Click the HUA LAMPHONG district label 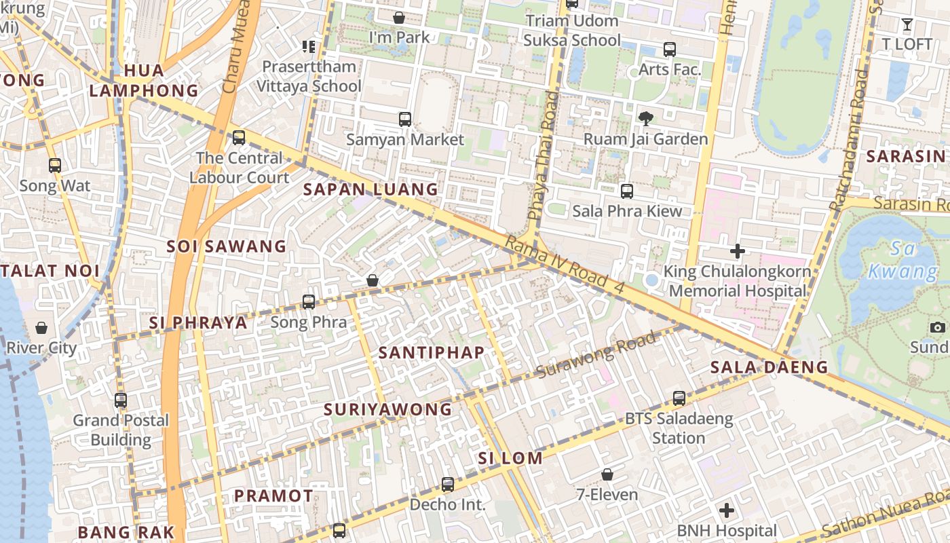pyautogui.click(x=144, y=80)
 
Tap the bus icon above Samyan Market pyautogui.click(x=405, y=119)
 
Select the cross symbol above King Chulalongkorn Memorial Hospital pyautogui.click(x=738, y=251)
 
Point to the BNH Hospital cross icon pyautogui.click(x=727, y=510)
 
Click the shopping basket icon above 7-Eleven pyautogui.click(x=607, y=474)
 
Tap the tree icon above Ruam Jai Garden pyautogui.click(x=646, y=119)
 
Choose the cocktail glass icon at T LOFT pyautogui.click(x=907, y=25)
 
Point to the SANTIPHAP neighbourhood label pyautogui.click(x=432, y=352)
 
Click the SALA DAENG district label pyautogui.click(x=769, y=368)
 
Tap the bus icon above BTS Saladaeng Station pyautogui.click(x=679, y=398)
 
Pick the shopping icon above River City pyautogui.click(x=41, y=329)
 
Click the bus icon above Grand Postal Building pyautogui.click(x=121, y=400)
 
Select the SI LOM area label pyautogui.click(x=510, y=458)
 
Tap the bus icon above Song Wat pyautogui.click(x=55, y=166)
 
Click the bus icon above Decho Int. pyautogui.click(x=448, y=485)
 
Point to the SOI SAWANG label pyautogui.click(x=227, y=246)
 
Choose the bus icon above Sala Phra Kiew pyautogui.click(x=627, y=191)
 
